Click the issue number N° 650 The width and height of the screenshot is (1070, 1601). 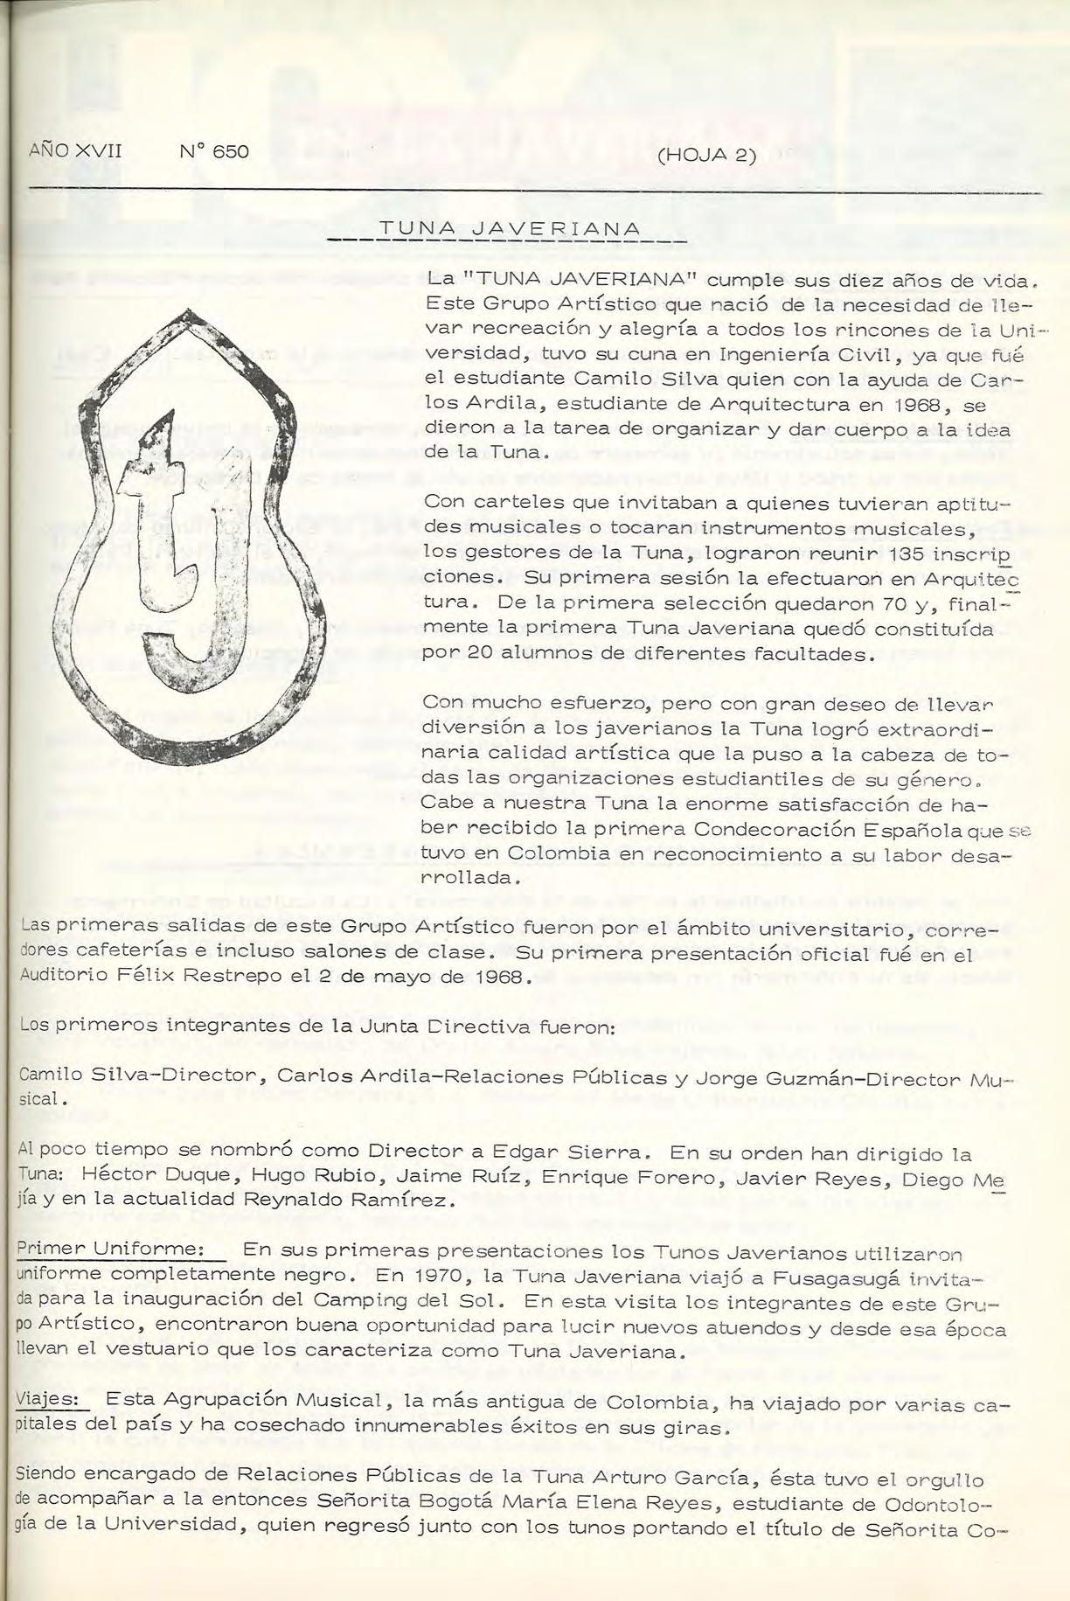(x=215, y=151)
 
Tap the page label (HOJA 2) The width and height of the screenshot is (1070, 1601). (x=705, y=157)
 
